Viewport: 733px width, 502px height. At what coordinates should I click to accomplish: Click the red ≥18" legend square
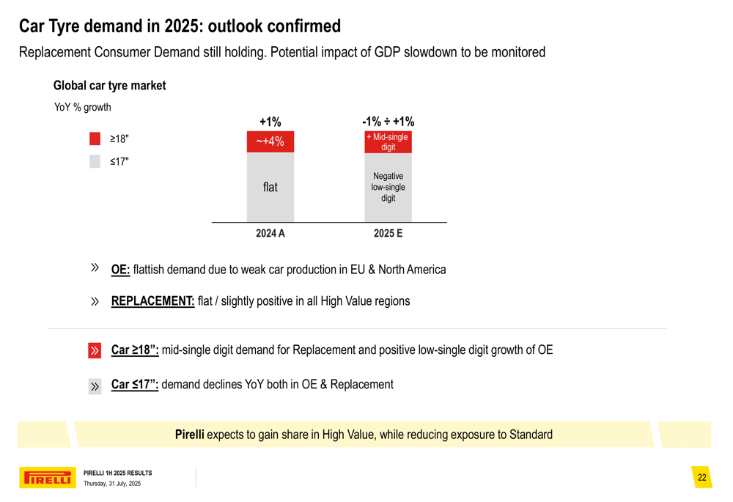point(95,139)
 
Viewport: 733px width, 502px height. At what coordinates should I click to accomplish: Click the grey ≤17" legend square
point(95,162)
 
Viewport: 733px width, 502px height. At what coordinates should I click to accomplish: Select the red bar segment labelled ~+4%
point(270,141)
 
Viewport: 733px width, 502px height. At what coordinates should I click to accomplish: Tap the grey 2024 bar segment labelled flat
point(270,188)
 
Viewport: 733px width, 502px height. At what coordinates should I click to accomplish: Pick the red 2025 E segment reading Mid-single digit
point(388,142)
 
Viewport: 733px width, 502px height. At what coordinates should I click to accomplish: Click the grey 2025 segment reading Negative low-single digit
point(388,188)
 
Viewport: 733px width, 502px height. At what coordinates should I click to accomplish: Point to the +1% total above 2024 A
point(270,122)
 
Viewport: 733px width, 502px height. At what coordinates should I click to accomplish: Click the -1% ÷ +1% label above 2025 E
point(388,122)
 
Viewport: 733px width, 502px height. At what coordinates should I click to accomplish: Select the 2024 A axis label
point(270,233)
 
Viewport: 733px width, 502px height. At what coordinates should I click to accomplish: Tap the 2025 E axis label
point(388,233)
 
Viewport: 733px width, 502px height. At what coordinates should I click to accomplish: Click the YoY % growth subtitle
point(83,107)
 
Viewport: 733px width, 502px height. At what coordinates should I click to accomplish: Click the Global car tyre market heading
point(109,86)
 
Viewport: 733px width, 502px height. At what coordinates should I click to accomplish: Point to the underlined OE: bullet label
point(120,270)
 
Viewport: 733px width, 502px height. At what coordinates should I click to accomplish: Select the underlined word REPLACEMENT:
point(152,301)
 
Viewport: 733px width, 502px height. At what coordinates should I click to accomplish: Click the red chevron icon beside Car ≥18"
point(95,350)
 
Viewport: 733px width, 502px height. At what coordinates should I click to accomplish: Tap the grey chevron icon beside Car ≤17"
point(95,386)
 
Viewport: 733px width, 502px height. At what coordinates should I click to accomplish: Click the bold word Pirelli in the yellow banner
point(189,435)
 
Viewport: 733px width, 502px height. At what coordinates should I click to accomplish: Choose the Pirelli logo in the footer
point(47,478)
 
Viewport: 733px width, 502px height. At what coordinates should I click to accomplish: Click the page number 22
point(701,478)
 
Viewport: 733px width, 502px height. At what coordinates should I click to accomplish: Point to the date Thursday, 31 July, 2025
point(112,484)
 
